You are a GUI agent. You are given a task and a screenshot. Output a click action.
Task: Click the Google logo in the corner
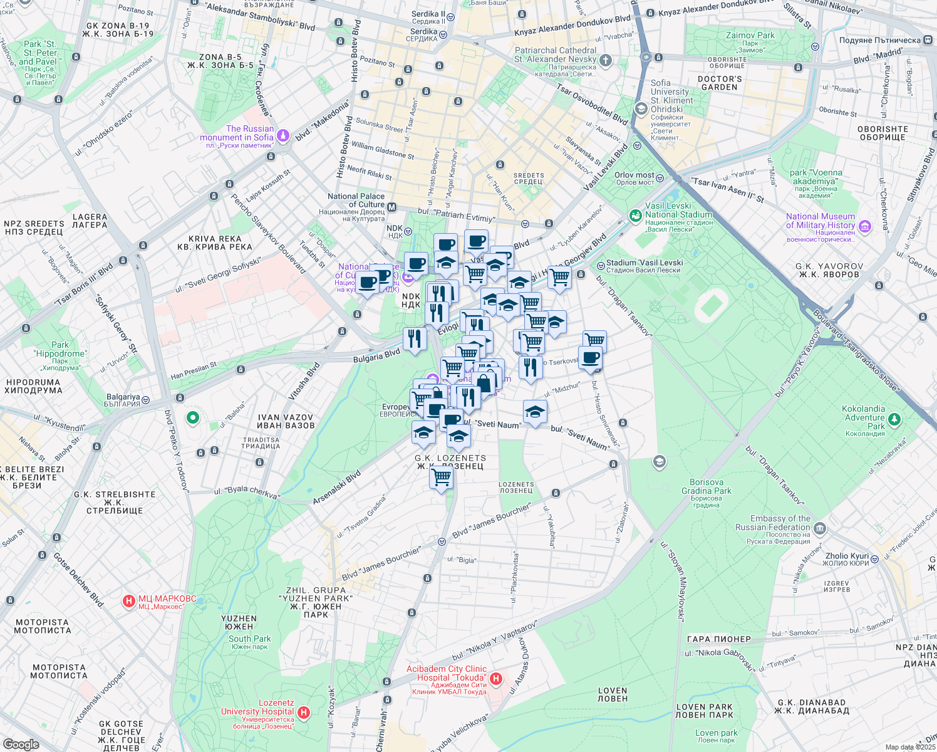21,744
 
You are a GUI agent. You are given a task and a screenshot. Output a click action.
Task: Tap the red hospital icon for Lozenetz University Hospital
304,713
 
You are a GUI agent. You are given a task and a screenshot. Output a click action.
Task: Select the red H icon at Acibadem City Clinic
496,679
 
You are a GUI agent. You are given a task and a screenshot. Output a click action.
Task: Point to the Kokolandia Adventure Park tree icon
894,418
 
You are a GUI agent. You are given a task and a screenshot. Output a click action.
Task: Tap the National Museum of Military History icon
865,226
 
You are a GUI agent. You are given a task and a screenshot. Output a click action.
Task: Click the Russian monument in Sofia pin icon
283,134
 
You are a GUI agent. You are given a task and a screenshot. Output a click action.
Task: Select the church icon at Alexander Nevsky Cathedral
605,60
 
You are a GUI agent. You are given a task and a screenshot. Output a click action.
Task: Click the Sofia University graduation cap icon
641,109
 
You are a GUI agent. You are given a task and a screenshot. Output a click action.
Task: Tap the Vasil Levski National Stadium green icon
635,216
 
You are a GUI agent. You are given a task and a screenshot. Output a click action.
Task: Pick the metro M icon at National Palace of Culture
392,207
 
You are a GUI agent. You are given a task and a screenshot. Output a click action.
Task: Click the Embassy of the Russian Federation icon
820,529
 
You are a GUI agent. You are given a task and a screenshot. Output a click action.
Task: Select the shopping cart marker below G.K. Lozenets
442,478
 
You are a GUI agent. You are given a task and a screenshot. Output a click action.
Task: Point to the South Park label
249,639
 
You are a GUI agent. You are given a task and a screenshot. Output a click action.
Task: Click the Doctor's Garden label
720,83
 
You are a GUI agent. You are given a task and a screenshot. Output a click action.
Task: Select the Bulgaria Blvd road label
376,355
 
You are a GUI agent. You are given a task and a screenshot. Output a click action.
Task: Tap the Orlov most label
634,175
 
